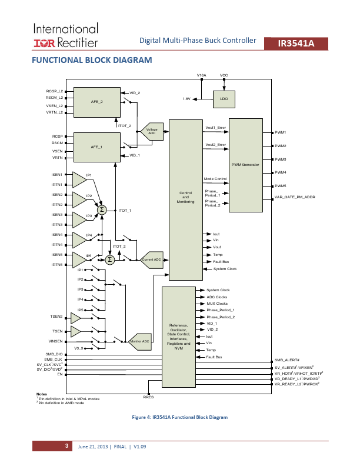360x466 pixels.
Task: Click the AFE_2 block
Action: click(x=96, y=102)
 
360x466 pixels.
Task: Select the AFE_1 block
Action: click(x=96, y=147)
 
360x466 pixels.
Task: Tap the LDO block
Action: click(x=224, y=98)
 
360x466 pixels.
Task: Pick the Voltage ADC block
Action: click(x=152, y=132)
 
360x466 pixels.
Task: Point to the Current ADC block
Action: click(x=152, y=259)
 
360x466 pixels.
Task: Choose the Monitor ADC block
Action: click(x=140, y=341)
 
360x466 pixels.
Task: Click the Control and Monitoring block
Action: click(x=185, y=197)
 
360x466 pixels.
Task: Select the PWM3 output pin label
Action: click(x=280, y=159)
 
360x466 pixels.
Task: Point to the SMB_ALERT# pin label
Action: click(x=287, y=360)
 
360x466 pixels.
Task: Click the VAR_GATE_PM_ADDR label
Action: click(x=295, y=197)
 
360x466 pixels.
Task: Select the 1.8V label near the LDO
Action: click(x=186, y=98)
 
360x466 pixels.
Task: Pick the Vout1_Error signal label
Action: click(x=215, y=128)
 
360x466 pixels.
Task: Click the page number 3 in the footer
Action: click(x=67, y=447)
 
